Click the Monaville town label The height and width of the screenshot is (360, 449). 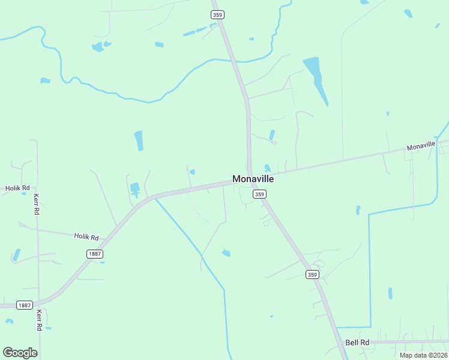tap(253, 179)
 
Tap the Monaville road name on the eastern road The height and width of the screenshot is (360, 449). tap(420, 146)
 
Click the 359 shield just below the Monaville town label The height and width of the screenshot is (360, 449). tap(259, 194)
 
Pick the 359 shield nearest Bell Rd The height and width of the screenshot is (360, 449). tap(312, 275)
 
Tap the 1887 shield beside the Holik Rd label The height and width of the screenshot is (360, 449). tap(94, 254)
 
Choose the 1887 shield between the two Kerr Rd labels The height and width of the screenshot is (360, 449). tap(24, 305)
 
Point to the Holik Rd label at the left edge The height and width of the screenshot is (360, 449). tap(17, 188)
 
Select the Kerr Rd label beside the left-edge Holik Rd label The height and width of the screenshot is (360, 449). tap(36, 205)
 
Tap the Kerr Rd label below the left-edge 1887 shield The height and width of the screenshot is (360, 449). tap(39, 320)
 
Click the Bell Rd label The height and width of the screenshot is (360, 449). tap(356, 343)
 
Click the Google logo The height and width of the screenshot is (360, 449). tap(20, 353)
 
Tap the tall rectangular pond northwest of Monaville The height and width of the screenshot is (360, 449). tap(139, 141)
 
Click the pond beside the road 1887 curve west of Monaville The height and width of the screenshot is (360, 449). tap(134, 188)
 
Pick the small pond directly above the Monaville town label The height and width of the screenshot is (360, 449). tap(267, 169)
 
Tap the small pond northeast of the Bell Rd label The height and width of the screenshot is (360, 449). tap(390, 293)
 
